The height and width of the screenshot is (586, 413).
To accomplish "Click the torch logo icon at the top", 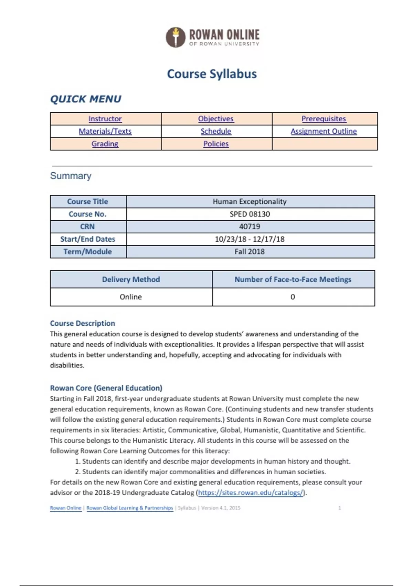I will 176,37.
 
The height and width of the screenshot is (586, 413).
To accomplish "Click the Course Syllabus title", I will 212,74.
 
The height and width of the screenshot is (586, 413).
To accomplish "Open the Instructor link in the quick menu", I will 105,119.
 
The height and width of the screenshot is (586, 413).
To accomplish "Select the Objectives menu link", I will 216,119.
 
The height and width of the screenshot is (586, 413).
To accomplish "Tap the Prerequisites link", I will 324,119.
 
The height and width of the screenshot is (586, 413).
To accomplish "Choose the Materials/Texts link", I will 105,131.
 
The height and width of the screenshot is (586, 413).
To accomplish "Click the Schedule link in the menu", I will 216,131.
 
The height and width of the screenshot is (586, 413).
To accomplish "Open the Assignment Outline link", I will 324,131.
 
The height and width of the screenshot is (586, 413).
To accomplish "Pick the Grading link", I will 105,144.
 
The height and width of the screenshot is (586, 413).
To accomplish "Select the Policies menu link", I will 216,144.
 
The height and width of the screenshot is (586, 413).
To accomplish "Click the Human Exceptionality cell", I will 250,202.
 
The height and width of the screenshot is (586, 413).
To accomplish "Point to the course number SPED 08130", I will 250,214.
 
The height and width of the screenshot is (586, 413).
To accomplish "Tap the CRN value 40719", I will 250,226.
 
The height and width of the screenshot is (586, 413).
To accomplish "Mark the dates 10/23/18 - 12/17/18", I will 250,239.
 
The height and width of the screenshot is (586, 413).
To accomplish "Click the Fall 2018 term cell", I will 250,252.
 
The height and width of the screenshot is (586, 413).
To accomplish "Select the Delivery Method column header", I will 131,280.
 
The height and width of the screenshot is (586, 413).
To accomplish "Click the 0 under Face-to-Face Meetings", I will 293,297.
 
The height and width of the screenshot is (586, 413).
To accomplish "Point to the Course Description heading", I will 83,323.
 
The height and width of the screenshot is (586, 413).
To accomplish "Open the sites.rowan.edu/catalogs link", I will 251,493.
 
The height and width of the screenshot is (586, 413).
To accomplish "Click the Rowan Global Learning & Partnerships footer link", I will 130,508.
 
